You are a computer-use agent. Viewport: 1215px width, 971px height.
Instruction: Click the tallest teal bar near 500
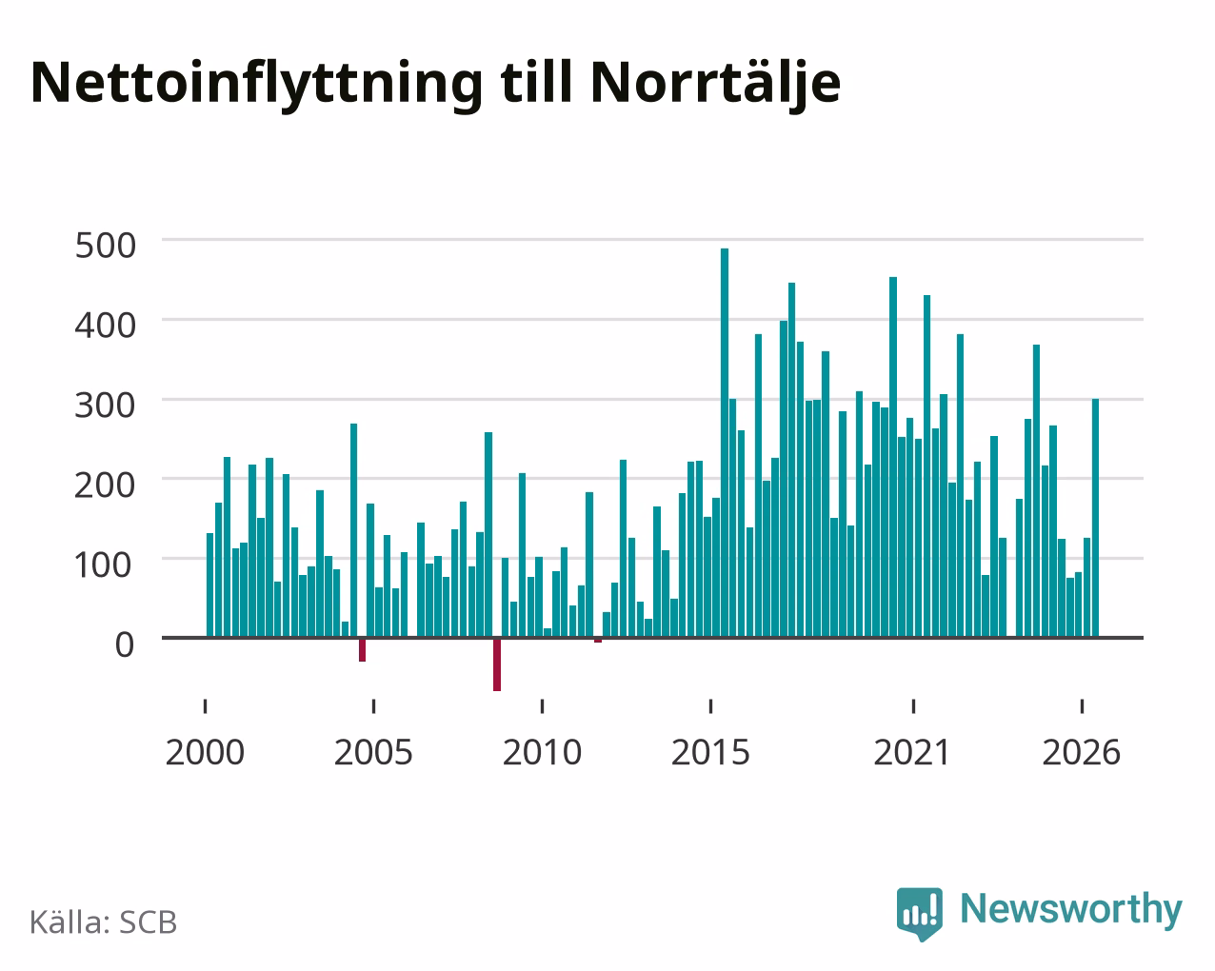(x=725, y=443)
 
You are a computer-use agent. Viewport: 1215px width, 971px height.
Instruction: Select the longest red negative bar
(x=497, y=664)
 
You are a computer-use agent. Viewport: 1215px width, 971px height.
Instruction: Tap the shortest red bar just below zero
(x=598, y=640)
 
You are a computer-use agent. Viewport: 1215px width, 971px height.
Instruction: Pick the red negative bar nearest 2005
(x=362, y=650)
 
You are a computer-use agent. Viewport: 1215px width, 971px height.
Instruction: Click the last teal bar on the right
(x=1095, y=518)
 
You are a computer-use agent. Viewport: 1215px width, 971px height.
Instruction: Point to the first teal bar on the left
(x=210, y=585)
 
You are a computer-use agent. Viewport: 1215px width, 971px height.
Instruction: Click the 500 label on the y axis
(x=106, y=246)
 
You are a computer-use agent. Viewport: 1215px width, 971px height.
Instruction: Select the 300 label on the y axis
(x=106, y=406)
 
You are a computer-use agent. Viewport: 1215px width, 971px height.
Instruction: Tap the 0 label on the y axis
(x=125, y=644)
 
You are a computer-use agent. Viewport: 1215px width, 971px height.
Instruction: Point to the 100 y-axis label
(x=104, y=565)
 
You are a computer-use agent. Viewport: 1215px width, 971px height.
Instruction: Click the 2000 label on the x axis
(x=205, y=752)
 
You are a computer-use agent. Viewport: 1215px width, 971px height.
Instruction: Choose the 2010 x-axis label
(x=542, y=752)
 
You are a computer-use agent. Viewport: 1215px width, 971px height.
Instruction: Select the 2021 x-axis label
(x=912, y=752)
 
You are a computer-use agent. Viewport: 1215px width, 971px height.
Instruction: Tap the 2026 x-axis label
(x=1081, y=752)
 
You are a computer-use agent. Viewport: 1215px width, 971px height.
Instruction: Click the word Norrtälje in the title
(x=716, y=84)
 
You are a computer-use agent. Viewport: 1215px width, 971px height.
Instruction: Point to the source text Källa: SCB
(x=104, y=922)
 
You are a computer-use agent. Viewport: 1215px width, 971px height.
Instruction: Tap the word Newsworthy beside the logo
(x=1071, y=910)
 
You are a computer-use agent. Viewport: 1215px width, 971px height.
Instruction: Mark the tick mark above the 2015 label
(x=711, y=706)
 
